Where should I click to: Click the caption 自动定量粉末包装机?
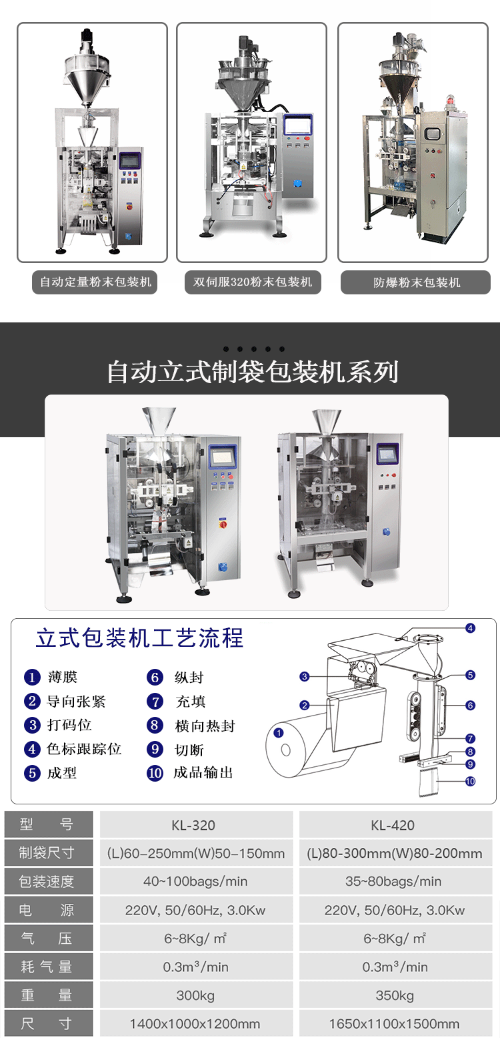(95, 282)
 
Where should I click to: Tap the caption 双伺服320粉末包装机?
(253, 282)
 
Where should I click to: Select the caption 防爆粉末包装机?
(417, 282)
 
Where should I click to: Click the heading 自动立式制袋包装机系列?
(253, 372)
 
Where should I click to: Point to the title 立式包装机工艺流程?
(140, 637)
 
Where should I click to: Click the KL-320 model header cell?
(196, 825)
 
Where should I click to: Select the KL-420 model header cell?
(395, 825)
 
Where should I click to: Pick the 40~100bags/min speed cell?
(196, 881)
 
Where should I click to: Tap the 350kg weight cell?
(395, 995)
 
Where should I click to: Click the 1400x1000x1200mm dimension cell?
(196, 1023)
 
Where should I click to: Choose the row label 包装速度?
(46, 881)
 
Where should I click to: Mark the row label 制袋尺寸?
(46, 852)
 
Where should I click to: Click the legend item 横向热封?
(205, 726)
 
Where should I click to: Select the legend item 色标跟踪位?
(84, 749)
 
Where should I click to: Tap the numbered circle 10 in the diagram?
(471, 781)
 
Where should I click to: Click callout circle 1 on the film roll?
(279, 733)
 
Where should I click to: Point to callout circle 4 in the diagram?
(471, 628)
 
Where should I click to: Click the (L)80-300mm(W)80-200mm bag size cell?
(395, 853)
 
